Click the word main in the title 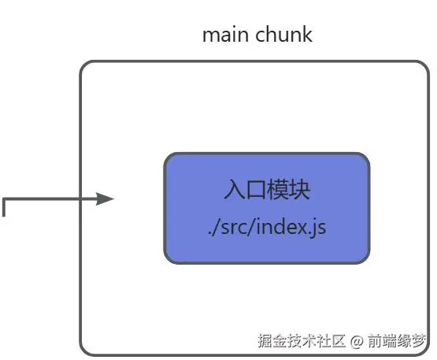click(225, 35)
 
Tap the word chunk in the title click(283, 34)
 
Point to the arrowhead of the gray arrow click(105, 199)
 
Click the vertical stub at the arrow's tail click(4, 207)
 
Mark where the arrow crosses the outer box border click(80, 199)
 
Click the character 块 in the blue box click(300, 190)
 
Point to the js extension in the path click(319, 228)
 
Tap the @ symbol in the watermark click(357, 341)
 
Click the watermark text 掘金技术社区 click(302, 340)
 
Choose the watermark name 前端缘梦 click(397, 340)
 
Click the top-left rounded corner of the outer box click(83, 65)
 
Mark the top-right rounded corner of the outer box click(425, 65)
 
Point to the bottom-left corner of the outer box click(83, 352)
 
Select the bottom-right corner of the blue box click(365, 259)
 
